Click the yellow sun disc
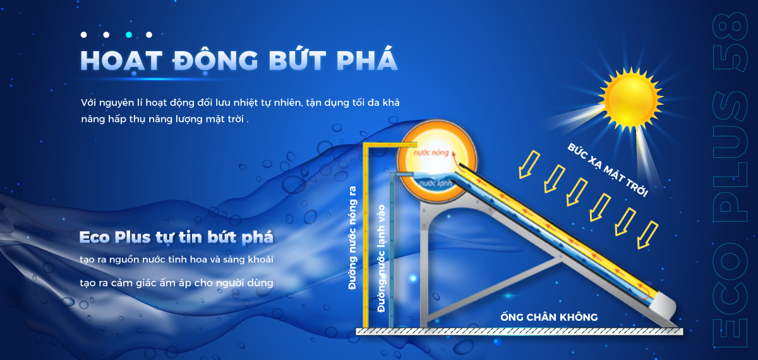(x=630, y=99)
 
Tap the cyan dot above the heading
(x=129, y=35)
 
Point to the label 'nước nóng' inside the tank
(x=431, y=153)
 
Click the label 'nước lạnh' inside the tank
(x=435, y=183)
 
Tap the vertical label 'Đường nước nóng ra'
(x=352, y=238)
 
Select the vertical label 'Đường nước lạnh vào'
(x=382, y=258)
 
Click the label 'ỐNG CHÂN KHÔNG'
(x=549, y=317)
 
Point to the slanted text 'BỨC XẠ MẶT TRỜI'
(x=608, y=170)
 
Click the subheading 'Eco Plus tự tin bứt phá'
(x=176, y=237)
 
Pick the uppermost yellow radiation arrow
(x=529, y=165)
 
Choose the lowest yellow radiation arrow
(x=647, y=236)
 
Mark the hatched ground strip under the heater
(x=519, y=332)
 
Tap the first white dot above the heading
(x=84, y=35)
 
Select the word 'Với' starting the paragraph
(x=88, y=102)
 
